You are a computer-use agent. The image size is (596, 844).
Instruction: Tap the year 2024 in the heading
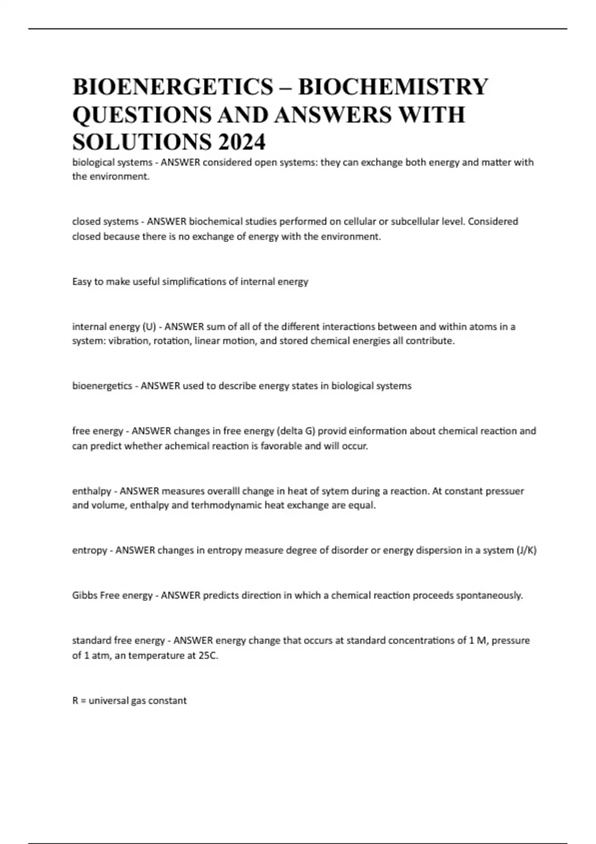241,142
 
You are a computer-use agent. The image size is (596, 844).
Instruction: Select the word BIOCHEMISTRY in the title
393,87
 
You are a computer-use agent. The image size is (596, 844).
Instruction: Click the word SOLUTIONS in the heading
141,142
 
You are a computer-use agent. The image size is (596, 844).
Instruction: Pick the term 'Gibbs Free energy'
112,595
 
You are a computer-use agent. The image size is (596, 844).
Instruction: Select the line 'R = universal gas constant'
130,701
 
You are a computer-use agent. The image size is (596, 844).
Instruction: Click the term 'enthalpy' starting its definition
92,491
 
